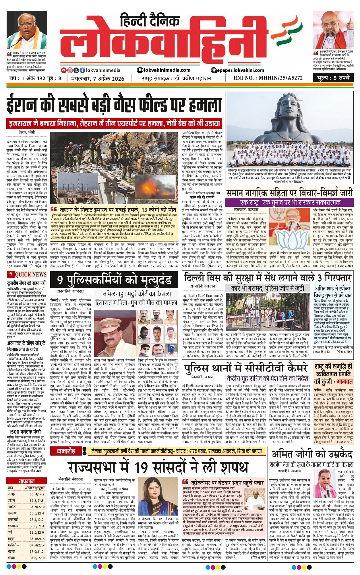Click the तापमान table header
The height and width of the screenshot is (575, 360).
(x=27, y=481)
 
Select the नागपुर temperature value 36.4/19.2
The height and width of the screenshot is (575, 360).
(x=37, y=494)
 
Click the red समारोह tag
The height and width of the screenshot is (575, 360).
(x=66, y=451)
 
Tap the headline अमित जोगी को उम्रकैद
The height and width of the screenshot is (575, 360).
(x=311, y=454)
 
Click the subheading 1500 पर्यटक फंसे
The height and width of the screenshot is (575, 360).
(x=24, y=431)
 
